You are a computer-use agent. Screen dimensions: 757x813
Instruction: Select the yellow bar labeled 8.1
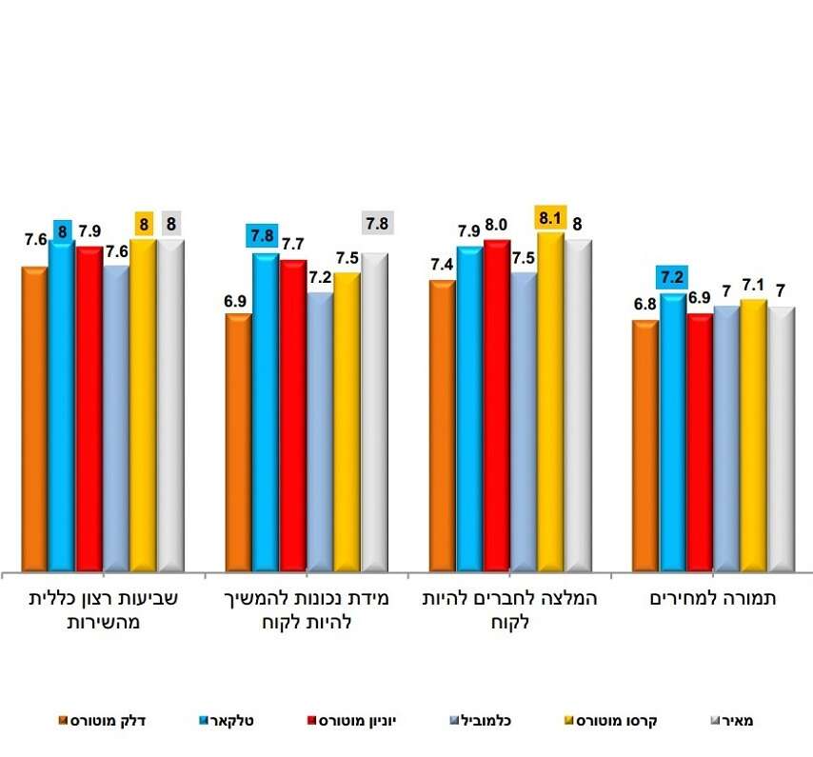(550, 400)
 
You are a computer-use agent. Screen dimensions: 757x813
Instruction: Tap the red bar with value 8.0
(497, 405)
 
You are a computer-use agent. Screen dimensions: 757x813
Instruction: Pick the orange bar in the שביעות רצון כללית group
(35, 417)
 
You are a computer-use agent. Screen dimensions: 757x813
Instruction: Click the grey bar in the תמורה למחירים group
(781, 438)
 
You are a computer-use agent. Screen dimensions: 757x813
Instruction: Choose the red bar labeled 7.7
(293, 414)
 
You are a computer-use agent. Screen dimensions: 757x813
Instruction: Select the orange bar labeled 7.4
(443, 425)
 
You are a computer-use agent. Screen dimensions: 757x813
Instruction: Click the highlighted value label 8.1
(551, 216)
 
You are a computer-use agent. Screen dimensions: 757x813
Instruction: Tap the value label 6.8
(644, 305)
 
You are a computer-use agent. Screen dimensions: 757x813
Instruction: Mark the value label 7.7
(292, 244)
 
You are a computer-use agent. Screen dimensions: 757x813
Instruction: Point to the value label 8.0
(497, 225)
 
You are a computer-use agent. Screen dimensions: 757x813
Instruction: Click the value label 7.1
(753, 284)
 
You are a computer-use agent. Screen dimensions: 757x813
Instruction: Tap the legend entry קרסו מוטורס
(614, 720)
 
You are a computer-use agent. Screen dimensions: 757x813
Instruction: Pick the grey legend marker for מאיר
(716, 721)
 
